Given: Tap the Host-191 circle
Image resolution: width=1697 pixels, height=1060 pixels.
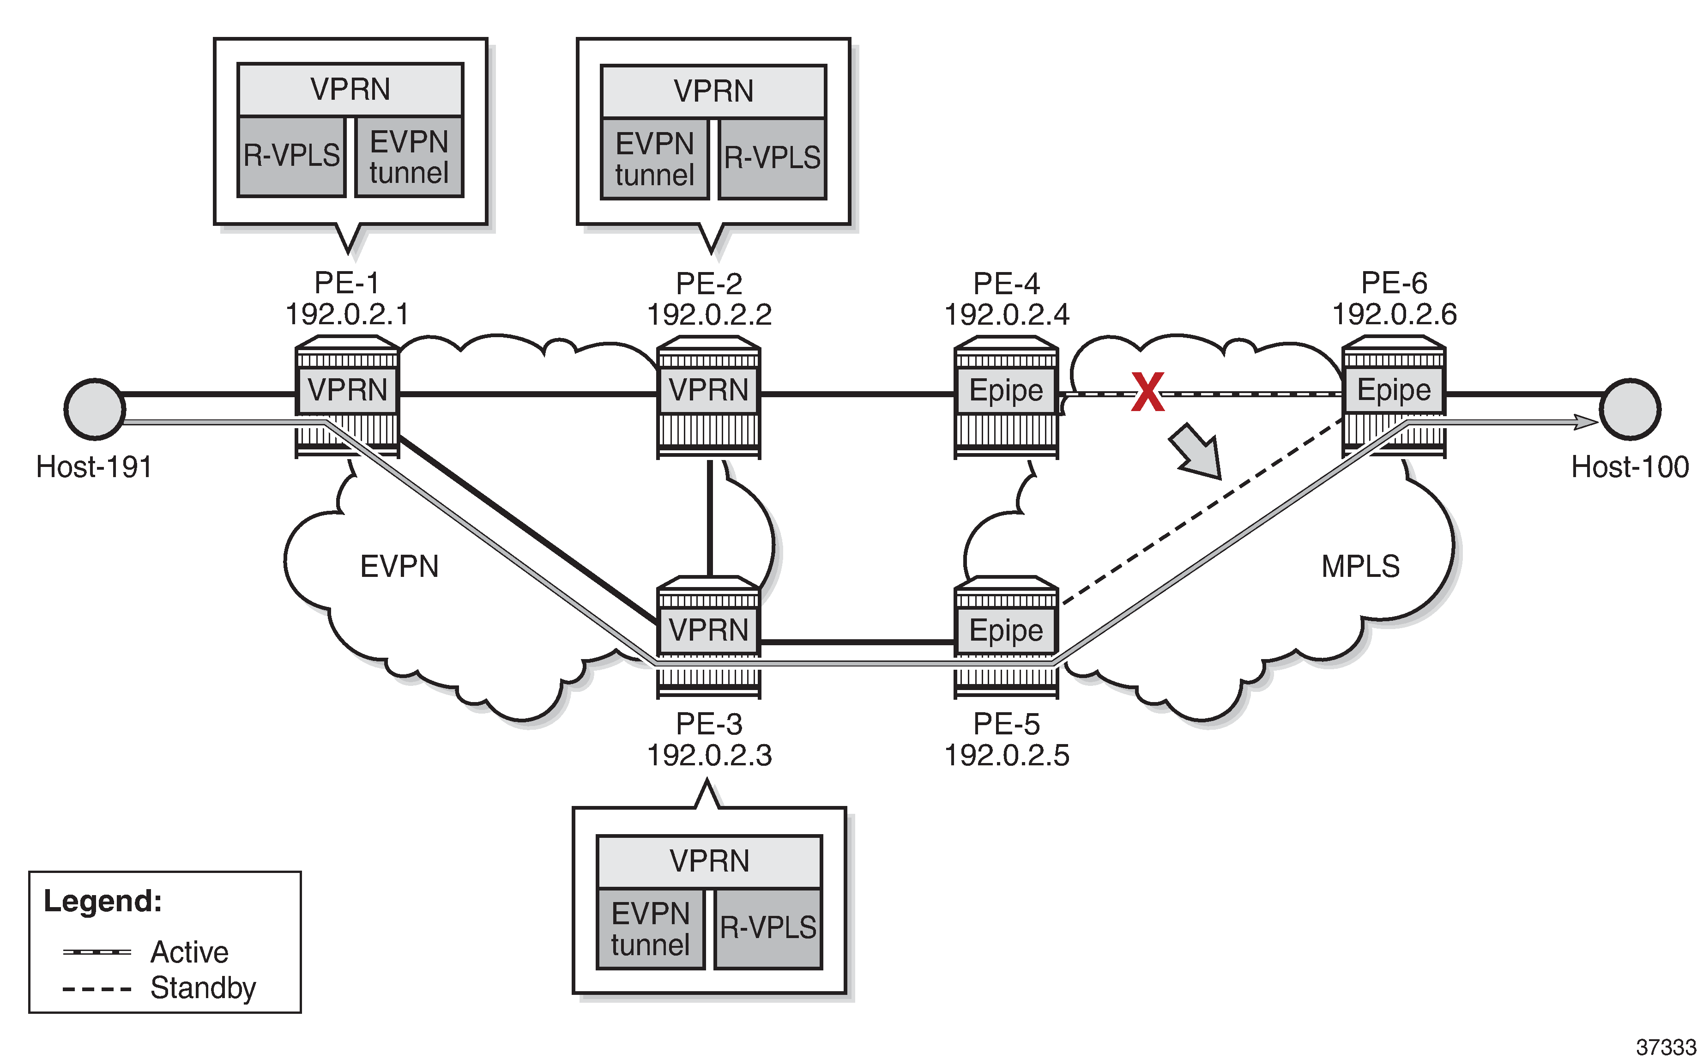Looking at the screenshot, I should [x=95, y=409].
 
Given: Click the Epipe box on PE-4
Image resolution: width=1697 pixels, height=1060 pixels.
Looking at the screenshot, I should [x=1006, y=390].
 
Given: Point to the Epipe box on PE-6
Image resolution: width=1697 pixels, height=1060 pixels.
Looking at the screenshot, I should [x=1394, y=390].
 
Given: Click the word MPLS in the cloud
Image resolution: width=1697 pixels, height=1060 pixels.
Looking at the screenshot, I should [x=1360, y=566].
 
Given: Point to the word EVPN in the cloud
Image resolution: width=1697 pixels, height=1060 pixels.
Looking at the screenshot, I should [x=399, y=566].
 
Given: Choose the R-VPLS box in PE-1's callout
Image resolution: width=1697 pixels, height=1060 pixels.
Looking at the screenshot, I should [x=291, y=156].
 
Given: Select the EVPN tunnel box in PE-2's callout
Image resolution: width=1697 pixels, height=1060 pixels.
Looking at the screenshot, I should [x=655, y=159].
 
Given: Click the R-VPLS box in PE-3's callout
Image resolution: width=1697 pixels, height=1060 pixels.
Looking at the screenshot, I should [x=768, y=928].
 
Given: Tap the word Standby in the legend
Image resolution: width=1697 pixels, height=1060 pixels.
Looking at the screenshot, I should [x=203, y=988].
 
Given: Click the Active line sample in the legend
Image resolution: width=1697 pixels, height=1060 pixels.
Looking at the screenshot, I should [x=97, y=952].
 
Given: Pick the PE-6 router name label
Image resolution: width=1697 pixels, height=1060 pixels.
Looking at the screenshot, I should [x=1394, y=283].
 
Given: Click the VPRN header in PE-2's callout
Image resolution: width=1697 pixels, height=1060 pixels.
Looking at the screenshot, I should [x=713, y=91].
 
